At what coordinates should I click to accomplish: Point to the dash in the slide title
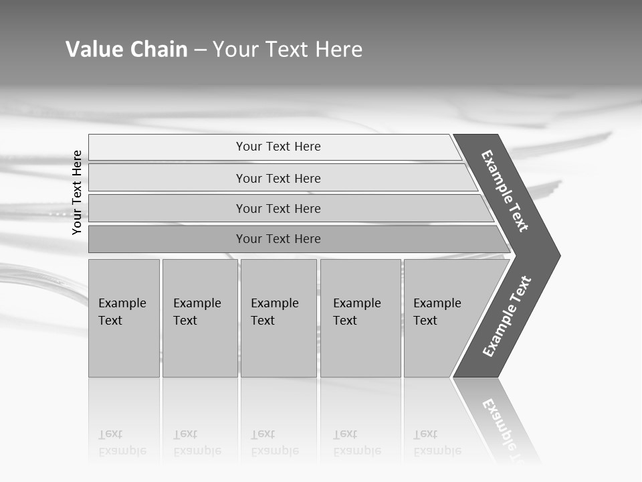click(x=200, y=50)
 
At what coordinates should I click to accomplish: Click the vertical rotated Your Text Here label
click(x=77, y=193)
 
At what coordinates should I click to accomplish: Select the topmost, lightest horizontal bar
click(x=278, y=147)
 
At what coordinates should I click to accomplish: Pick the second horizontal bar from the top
click(x=278, y=178)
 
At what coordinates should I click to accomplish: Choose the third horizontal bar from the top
click(x=278, y=208)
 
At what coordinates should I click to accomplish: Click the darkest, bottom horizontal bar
click(x=278, y=239)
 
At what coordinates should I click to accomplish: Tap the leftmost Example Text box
click(x=124, y=318)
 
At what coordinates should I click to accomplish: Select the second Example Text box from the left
click(x=199, y=318)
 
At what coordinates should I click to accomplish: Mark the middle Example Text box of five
click(x=278, y=318)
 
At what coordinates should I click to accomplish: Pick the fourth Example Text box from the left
click(x=360, y=318)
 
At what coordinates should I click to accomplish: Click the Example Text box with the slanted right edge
click(x=441, y=318)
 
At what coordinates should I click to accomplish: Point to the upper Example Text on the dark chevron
click(x=505, y=191)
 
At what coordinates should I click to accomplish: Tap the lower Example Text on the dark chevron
click(x=507, y=317)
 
